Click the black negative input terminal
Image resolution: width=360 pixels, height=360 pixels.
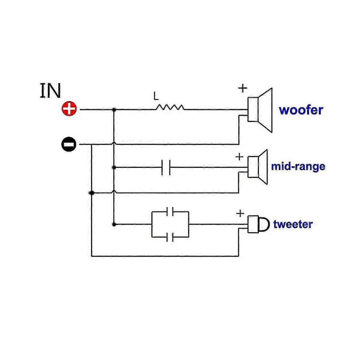point(69,144)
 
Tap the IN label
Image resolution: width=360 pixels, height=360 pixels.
point(51,91)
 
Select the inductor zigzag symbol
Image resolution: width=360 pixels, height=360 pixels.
point(170,107)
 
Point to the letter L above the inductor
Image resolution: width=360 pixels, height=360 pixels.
point(156,96)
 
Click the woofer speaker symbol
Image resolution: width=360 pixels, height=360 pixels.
point(260,110)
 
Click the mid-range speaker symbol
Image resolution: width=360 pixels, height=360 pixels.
point(257,167)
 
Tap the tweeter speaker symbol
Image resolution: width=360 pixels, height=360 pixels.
point(258,224)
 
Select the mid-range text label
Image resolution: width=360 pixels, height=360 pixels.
point(298,167)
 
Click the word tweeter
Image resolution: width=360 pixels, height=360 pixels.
point(293,224)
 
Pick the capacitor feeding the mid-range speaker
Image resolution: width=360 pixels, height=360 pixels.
point(166,167)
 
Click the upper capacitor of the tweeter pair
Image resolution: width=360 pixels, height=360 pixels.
point(170,211)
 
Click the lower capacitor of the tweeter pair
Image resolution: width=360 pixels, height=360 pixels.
point(170,237)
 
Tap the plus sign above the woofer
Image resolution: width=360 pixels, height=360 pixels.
point(243,88)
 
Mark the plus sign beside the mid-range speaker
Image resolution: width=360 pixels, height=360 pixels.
point(240,157)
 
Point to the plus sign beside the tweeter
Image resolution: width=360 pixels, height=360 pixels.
point(240,213)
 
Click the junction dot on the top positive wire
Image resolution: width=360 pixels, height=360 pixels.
point(114,110)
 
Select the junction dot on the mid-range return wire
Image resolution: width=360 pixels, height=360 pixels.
point(92,193)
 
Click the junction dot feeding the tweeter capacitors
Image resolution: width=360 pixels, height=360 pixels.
point(114,224)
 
